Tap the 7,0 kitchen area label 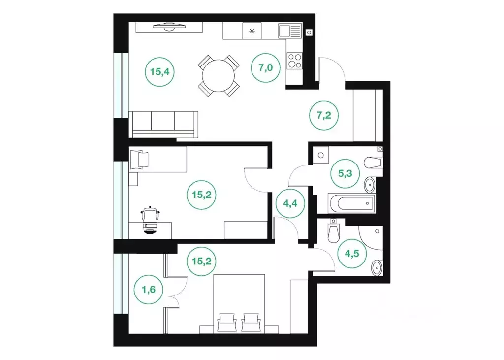[265, 67]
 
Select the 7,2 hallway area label [324, 115]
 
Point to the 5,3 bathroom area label [345, 173]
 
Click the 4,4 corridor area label [290, 203]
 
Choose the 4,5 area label [352, 253]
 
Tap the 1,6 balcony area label [149, 289]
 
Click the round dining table [219, 76]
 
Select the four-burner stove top [295, 61]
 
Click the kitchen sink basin [284, 32]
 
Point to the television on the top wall [169, 27]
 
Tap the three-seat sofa [163, 125]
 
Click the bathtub [351, 203]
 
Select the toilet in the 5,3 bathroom [374, 162]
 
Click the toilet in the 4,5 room [333, 232]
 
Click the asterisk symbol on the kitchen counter [252, 31]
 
